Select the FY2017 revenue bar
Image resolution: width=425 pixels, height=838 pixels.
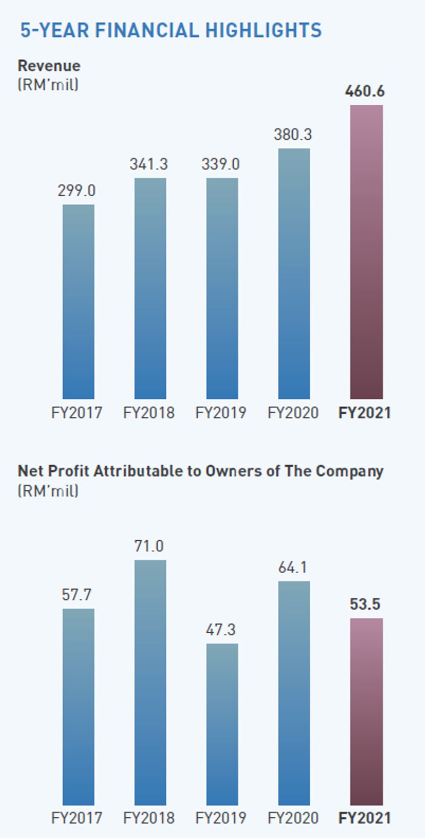[x=78, y=301]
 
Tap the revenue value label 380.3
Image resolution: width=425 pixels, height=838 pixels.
[x=293, y=135]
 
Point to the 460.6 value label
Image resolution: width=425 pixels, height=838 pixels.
[x=364, y=91]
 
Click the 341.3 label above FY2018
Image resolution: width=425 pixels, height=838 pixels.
[x=149, y=164]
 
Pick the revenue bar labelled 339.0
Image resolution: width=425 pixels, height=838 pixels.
[x=222, y=288]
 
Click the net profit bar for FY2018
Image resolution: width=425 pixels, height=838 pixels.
[x=150, y=682]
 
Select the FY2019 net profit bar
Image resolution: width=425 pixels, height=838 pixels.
[x=222, y=724]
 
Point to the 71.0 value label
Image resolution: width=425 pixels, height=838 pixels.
[x=149, y=546]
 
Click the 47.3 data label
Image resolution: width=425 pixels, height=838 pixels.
[x=220, y=630]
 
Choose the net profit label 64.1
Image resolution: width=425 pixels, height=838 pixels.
[x=293, y=567]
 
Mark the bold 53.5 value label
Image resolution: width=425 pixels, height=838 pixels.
[x=365, y=605]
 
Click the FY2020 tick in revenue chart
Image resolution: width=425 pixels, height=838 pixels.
[x=293, y=413]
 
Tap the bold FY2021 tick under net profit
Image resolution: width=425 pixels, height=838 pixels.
[x=364, y=818]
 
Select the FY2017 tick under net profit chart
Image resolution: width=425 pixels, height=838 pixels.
[x=76, y=818]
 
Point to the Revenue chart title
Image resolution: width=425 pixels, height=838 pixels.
[x=49, y=66]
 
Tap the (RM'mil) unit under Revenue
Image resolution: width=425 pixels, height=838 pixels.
[x=48, y=85]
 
